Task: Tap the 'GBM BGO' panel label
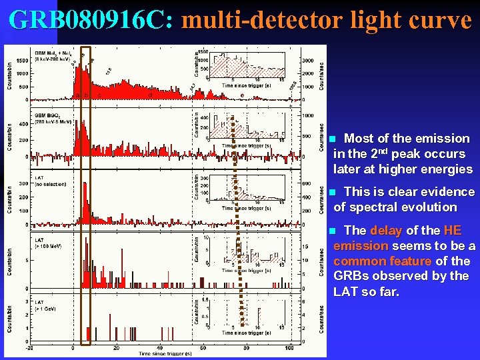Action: pos(45,115)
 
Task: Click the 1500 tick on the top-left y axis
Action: pos(21,61)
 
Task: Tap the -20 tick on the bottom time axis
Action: pos(29,348)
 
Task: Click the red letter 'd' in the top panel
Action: pos(151,95)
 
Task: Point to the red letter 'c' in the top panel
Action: pos(101,95)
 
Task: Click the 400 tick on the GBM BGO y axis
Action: pos(23,123)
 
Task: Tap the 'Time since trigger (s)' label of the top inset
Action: pos(247,86)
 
